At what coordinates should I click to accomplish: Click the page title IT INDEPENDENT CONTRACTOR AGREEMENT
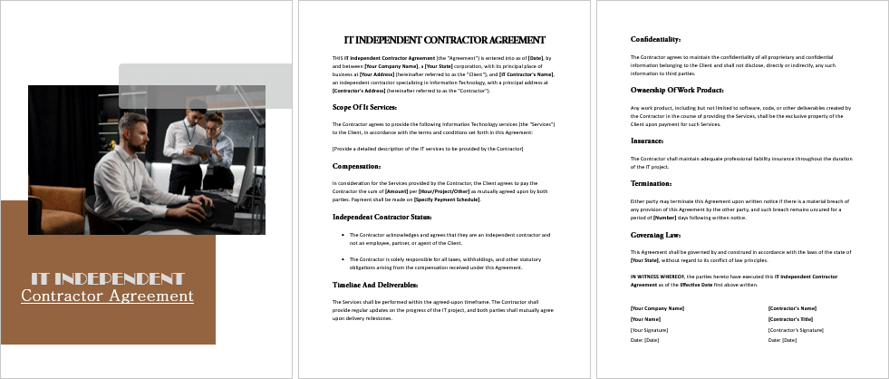coord(444,40)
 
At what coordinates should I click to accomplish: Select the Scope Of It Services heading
coord(364,107)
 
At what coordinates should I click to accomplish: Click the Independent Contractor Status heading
coord(382,217)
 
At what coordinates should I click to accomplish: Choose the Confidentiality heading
coord(655,39)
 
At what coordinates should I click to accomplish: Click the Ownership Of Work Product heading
coord(676,90)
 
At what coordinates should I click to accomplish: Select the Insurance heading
coord(647,141)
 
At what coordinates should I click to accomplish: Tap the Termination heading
coord(651,183)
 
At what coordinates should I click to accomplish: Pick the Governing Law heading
coord(654,234)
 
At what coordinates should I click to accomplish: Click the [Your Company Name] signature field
coord(657,308)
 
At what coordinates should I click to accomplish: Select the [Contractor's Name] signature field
coord(792,308)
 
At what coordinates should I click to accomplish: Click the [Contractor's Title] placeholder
coord(790,319)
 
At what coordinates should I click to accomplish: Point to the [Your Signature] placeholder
coord(650,329)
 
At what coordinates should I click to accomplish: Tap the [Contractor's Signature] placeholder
coord(796,329)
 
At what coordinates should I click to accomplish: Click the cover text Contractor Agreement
coord(107,296)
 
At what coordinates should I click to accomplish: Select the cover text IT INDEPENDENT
coord(107,277)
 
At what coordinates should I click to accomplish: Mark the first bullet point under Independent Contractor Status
coord(340,235)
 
